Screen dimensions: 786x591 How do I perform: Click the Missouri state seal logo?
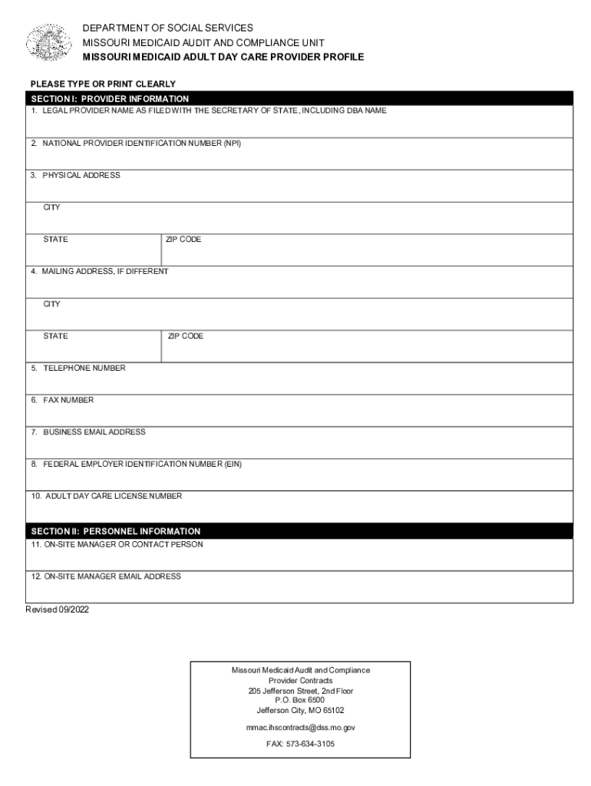49,42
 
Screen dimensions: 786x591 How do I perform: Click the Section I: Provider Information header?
110,99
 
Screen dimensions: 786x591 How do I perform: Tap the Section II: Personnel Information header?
115,531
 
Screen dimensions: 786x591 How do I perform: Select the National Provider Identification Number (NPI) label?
136,144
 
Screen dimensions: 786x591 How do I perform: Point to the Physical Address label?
75,176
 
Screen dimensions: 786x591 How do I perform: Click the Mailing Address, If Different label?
99,272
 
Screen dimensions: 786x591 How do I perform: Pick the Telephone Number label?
78,368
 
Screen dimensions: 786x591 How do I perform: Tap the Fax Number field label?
62,401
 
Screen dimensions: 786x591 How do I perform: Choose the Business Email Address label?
88,432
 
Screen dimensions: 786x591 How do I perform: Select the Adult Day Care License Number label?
107,497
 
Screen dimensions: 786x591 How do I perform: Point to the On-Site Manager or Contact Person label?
117,544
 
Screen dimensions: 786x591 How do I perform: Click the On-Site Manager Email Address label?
106,576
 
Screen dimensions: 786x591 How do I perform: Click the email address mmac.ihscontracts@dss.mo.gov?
300,727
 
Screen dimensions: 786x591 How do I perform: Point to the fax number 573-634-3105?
300,744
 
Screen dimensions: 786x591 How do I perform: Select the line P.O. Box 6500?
300,700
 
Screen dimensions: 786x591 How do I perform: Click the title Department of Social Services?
167,28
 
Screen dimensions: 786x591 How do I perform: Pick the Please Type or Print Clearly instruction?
103,84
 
